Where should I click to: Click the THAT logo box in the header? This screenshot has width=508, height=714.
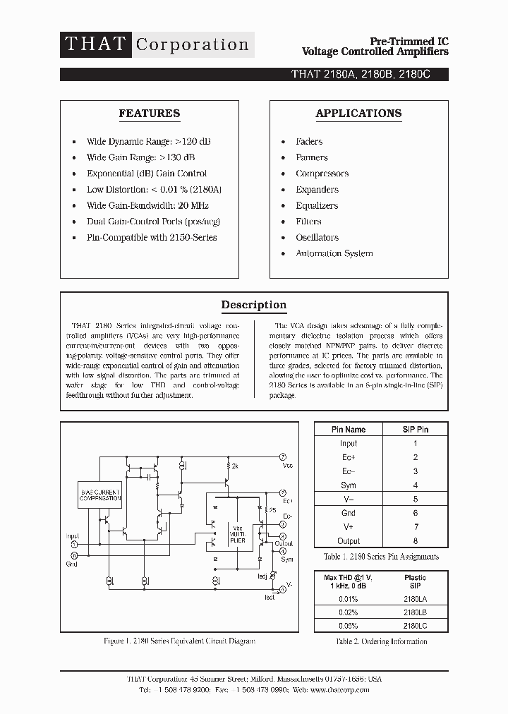pyautogui.click(x=95, y=44)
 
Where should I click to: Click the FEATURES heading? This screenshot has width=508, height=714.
pyautogui.click(x=149, y=114)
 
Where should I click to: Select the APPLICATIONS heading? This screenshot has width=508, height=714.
pyautogui.click(x=358, y=114)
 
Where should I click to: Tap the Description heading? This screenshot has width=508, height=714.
pyautogui.click(x=254, y=305)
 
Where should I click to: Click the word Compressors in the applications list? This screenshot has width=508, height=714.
pyautogui.click(x=322, y=174)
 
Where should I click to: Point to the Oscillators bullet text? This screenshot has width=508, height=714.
pyautogui.click(x=317, y=238)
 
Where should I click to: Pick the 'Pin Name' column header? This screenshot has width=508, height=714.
pyautogui.click(x=349, y=429)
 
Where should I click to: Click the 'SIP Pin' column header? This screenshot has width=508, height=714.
pyautogui.click(x=415, y=429)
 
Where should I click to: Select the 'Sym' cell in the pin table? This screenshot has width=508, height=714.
pyautogui.click(x=349, y=485)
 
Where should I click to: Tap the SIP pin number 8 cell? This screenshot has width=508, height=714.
pyautogui.click(x=416, y=541)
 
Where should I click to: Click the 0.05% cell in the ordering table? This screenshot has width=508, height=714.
pyautogui.click(x=349, y=626)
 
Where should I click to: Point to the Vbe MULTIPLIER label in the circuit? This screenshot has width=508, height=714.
pyautogui.click(x=238, y=534)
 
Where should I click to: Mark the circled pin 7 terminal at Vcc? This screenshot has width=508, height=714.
pyautogui.click(x=283, y=457)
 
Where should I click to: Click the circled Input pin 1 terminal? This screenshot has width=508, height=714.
pyautogui.click(x=75, y=544)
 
